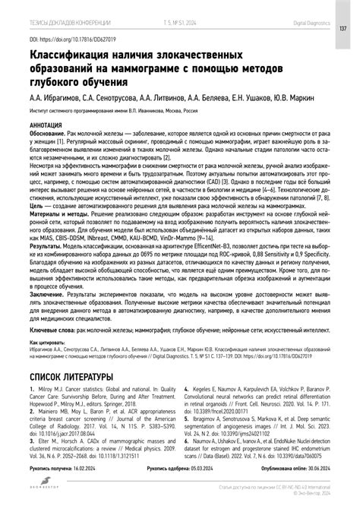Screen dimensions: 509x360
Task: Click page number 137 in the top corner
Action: point(343,30)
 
